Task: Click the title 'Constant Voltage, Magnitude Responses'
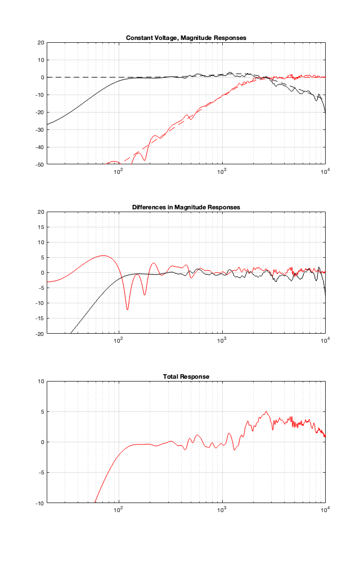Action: point(186,38)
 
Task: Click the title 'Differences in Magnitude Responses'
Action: point(186,207)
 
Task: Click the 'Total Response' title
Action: point(186,376)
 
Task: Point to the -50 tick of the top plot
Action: point(39,165)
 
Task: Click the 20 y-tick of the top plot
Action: point(40,42)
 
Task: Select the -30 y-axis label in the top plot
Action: point(39,130)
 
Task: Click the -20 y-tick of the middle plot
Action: point(39,334)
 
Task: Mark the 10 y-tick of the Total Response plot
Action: point(40,381)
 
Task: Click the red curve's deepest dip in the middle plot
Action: point(127,310)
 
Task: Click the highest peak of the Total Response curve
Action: point(266,411)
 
